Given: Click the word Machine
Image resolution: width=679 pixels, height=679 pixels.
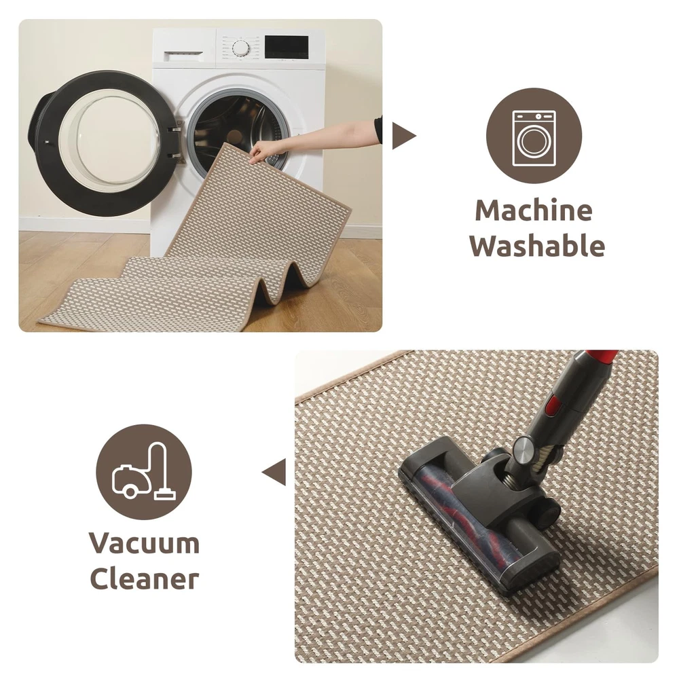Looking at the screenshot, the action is (x=534, y=211).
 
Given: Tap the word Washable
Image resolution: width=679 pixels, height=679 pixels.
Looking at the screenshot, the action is (x=537, y=246).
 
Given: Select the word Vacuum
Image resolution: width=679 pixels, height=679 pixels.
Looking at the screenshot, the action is (x=144, y=543).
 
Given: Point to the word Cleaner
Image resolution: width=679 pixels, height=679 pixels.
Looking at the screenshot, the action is (x=144, y=578).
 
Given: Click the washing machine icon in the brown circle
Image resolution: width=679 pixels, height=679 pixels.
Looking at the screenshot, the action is (x=534, y=138).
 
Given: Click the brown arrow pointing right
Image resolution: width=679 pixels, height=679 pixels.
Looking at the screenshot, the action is (x=403, y=136).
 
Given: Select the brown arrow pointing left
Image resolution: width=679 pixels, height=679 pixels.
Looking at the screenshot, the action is (x=274, y=472).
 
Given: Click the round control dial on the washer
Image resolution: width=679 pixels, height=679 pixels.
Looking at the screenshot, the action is (x=241, y=48).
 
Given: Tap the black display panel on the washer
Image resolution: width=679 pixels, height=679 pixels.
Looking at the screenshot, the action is (x=287, y=48).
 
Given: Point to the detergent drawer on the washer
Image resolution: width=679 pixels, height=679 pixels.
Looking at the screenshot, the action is (x=183, y=53).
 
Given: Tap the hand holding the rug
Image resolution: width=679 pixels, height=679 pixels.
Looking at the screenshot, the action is (x=264, y=151).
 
